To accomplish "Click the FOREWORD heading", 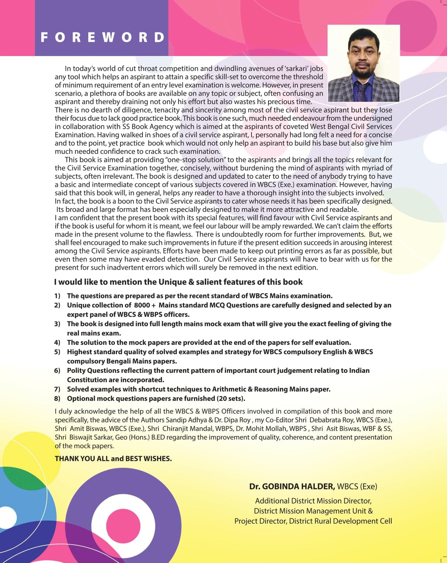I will click(103, 37).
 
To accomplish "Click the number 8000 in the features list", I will click(142, 305).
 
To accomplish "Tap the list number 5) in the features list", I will click(57, 352).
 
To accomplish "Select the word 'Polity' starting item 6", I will click(76, 371).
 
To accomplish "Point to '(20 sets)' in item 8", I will click(231, 399).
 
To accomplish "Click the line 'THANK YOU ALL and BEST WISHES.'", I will click(113, 459).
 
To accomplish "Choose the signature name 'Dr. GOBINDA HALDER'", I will click(292, 486).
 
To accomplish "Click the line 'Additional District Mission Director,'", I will click(313, 501).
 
